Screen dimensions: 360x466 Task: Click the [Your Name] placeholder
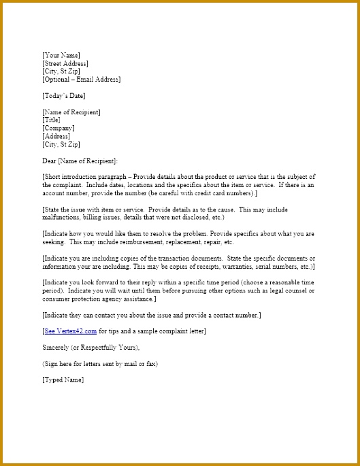(61, 55)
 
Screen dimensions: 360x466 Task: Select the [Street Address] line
(65, 63)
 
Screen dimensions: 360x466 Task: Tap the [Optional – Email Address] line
(81, 80)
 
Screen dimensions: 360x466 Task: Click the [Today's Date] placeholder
(63, 96)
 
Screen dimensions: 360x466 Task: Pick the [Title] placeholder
(51, 120)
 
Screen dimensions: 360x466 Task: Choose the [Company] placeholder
(58, 128)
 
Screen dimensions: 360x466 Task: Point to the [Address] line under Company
(56, 136)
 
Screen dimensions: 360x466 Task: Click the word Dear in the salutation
(49, 161)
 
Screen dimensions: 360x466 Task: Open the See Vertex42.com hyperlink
(69, 331)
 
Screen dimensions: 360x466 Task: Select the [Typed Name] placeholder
(63, 380)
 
